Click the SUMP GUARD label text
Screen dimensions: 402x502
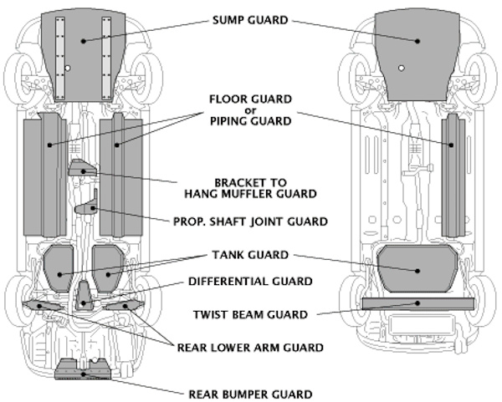[x=251, y=19]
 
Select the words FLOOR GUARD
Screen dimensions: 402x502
[x=251, y=98]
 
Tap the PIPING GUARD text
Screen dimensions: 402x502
[x=251, y=121]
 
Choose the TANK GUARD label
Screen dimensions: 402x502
[x=251, y=254]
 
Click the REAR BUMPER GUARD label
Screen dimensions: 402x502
[x=251, y=393]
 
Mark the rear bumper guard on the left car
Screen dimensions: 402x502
[x=82, y=365]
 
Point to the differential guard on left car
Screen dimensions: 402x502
[x=84, y=296]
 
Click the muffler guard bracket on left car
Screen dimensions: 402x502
[x=81, y=170]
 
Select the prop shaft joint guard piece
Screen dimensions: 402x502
[x=86, y=207]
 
